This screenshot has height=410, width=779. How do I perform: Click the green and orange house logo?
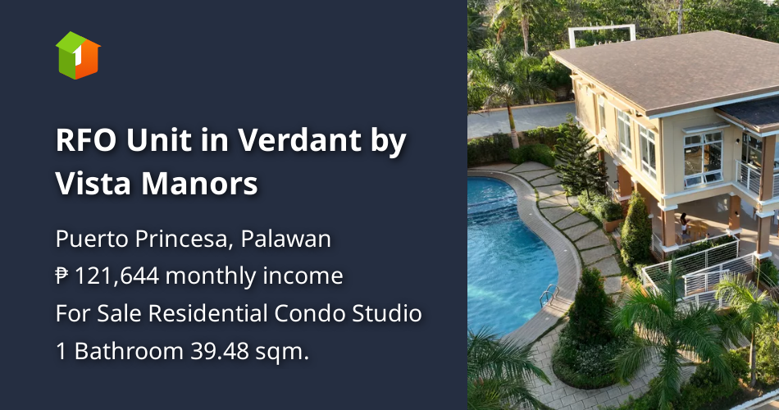(78, 55)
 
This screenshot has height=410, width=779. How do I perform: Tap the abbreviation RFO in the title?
(86, 141)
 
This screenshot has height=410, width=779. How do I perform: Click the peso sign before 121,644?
(62, 276)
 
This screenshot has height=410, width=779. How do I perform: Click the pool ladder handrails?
(547, 293)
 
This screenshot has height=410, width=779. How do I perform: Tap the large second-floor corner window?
(704, 156)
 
